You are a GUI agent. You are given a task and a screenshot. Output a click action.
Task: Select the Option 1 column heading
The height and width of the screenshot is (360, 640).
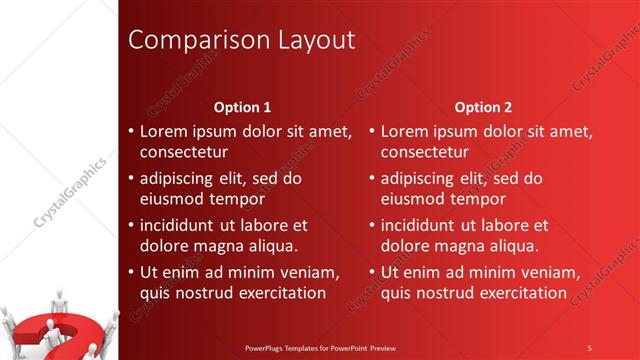click(243, 107)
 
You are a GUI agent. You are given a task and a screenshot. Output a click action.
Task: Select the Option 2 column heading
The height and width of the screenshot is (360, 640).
click(483, 107)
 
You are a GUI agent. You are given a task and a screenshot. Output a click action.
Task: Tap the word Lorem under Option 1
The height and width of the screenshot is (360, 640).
click(163, 131)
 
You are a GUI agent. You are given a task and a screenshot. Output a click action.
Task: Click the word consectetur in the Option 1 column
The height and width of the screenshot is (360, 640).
click(183, 152)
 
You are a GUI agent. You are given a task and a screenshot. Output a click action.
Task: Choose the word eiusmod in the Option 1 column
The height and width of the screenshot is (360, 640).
click(172, 198)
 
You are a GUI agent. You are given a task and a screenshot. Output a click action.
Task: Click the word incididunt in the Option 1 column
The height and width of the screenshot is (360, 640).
click(180, 225)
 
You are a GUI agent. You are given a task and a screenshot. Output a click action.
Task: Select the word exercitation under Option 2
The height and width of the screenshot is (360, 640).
click(519, 292)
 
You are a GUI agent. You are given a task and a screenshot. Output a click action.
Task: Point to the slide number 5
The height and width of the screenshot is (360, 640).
click(589, 348)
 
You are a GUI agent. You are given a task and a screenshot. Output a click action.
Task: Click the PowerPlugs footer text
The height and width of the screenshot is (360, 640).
click(320, 348)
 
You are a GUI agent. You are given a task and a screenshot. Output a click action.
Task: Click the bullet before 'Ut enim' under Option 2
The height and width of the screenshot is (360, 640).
click(371, 272)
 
